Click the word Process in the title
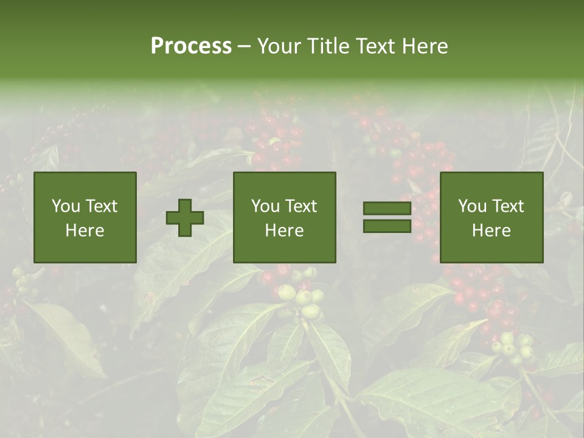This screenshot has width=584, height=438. click(x=191, y=46)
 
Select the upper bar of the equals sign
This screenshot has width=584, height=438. click(x=387, y=208)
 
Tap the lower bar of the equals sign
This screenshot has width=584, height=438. click(x=387, y=226)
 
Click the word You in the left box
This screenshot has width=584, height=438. click(x=66, y=206)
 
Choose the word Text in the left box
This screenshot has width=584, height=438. click(x=100, y=206)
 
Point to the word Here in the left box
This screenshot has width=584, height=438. click(x=85, y=231)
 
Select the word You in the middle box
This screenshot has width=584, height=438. click(x=265, y=206)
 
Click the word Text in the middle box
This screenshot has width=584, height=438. click(x=300, y=206)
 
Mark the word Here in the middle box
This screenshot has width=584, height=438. click(x=284, y=231)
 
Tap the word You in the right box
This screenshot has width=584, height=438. click(x=472, y=206)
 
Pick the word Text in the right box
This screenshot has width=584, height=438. click(x=507, y=206)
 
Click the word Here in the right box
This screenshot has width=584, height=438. click(x=491, y=231)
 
